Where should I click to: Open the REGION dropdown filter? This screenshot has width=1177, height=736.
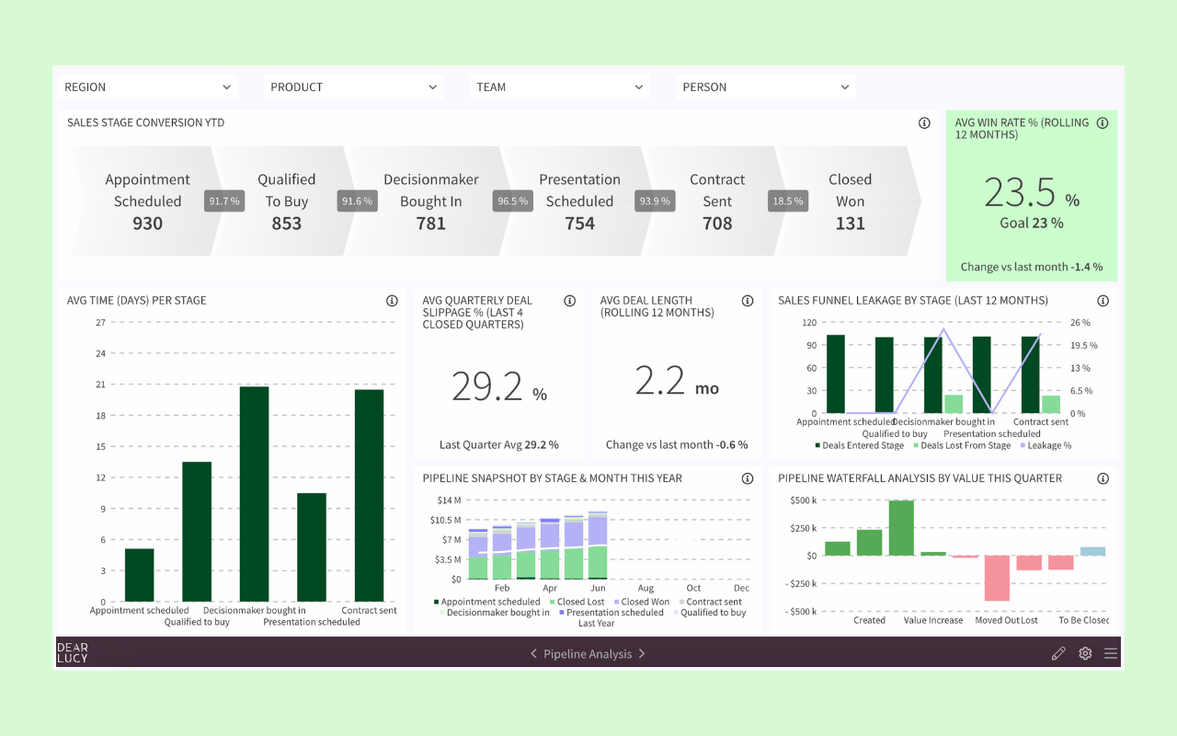pyautogui.click(x=147, y=87)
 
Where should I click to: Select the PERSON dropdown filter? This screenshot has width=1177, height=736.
pyautogui.click(x=765, y=87)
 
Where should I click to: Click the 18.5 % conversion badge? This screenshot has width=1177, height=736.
pyautogui.click(x=787, y=201)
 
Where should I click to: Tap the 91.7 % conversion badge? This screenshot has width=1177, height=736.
pyautogui.click(x=223, y=201)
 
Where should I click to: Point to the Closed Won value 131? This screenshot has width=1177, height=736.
pyautogui.click(x=850, y=224)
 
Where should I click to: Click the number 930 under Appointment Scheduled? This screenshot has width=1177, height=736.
pyautogui.click(x=147, y=224)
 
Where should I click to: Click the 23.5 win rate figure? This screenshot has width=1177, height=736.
pyautogui.click(x=1021, y=193)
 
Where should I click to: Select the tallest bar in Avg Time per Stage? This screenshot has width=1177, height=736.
pyautogui.click(x=254, y=494)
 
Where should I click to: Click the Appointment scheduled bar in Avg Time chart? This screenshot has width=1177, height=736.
pyautogui.click(x=139, y=575)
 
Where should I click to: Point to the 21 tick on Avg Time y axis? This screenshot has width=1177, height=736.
pyautogui.click(x=101, y=385)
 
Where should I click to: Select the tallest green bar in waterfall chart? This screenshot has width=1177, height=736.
pyautogui.click(x=901, y=527)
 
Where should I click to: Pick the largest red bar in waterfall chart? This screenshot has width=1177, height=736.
pyautogui.click(x=997, y=578)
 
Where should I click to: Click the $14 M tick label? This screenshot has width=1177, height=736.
pyautogui.click(x=449, y=500)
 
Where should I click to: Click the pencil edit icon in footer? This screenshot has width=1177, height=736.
pyautogui.click(x=1058, y=653)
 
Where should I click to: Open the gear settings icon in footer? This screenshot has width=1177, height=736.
pyautogui.click(x=1085, y=653)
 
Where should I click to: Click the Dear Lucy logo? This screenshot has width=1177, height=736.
pyautogui.click(x=73, y=653)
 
